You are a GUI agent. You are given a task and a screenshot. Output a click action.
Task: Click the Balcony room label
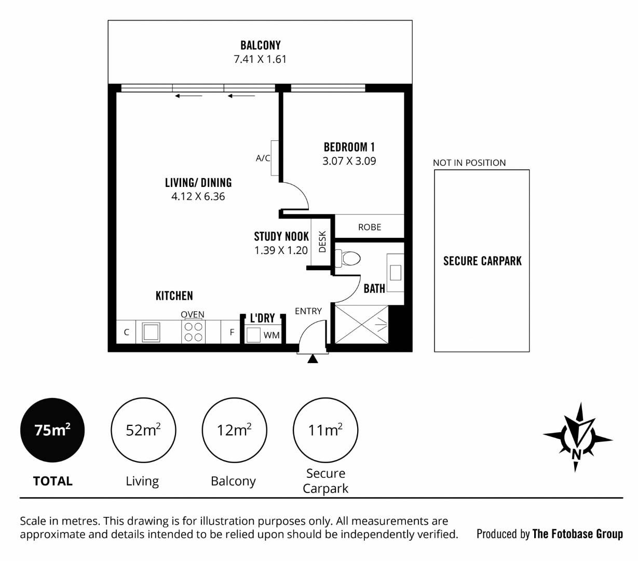(x=261, y=45)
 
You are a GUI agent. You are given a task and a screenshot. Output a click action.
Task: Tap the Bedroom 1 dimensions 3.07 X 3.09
(x=349, y=161)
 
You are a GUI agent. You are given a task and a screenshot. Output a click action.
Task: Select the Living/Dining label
(x=198, y=183)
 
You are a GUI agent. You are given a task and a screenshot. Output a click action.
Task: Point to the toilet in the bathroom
(x=347, y=259)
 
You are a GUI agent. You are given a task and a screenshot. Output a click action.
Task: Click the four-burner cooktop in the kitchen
(x=193, y=332)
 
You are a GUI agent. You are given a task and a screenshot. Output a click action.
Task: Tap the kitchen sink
(x=151, y=332)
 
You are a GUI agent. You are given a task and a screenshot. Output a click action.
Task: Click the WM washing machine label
(x=272, y=335)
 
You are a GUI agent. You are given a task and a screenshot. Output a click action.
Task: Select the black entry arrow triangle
(x=313, y=358)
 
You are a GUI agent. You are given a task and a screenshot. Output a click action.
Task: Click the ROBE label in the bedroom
(x=370, y=227)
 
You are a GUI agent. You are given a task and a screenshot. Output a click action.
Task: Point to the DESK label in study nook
(x=322, y=242)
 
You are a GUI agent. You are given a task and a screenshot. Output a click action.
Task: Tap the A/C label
(x=263, y=158)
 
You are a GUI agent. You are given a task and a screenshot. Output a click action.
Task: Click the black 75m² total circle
(x=52, y=430)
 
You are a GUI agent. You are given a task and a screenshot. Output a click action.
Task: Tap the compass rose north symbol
(x=578, y=438)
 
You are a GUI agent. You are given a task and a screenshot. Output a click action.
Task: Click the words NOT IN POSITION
(x=469, y=163)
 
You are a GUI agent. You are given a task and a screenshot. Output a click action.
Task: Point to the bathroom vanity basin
(x=396, y=273)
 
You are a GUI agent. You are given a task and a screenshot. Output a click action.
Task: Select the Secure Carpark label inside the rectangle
(x=482, y=261)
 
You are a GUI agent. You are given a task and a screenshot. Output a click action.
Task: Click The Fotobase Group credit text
(x=578, y=534)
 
